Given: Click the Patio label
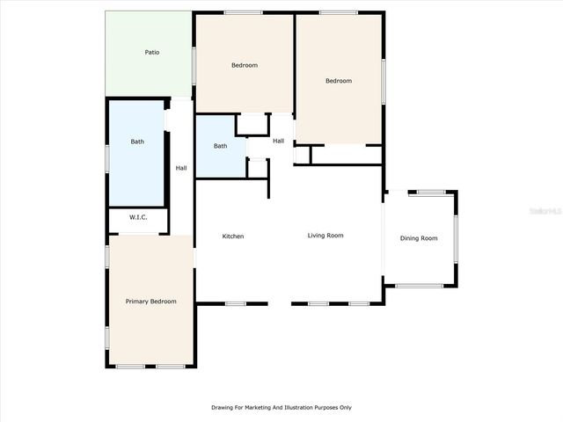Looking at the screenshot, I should pos(152,53).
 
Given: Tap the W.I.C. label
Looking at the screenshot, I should pos(138,217).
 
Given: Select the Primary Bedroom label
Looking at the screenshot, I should pos(150,302).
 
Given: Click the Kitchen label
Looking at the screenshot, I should pos(233,236).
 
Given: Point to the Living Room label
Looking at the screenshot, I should pos(325,236).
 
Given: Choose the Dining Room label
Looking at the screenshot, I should pos(419,238).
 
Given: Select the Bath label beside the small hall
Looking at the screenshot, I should pos(220,146).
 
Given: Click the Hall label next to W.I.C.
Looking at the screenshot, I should pos(181,168).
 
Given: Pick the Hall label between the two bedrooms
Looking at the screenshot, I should pos(278,141).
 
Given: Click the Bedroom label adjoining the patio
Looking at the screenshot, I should pos(245,66).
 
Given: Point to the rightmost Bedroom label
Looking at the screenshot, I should pos(339,81).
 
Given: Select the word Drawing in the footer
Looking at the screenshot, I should pos(221,407).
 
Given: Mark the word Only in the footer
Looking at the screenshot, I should pos(345,407).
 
